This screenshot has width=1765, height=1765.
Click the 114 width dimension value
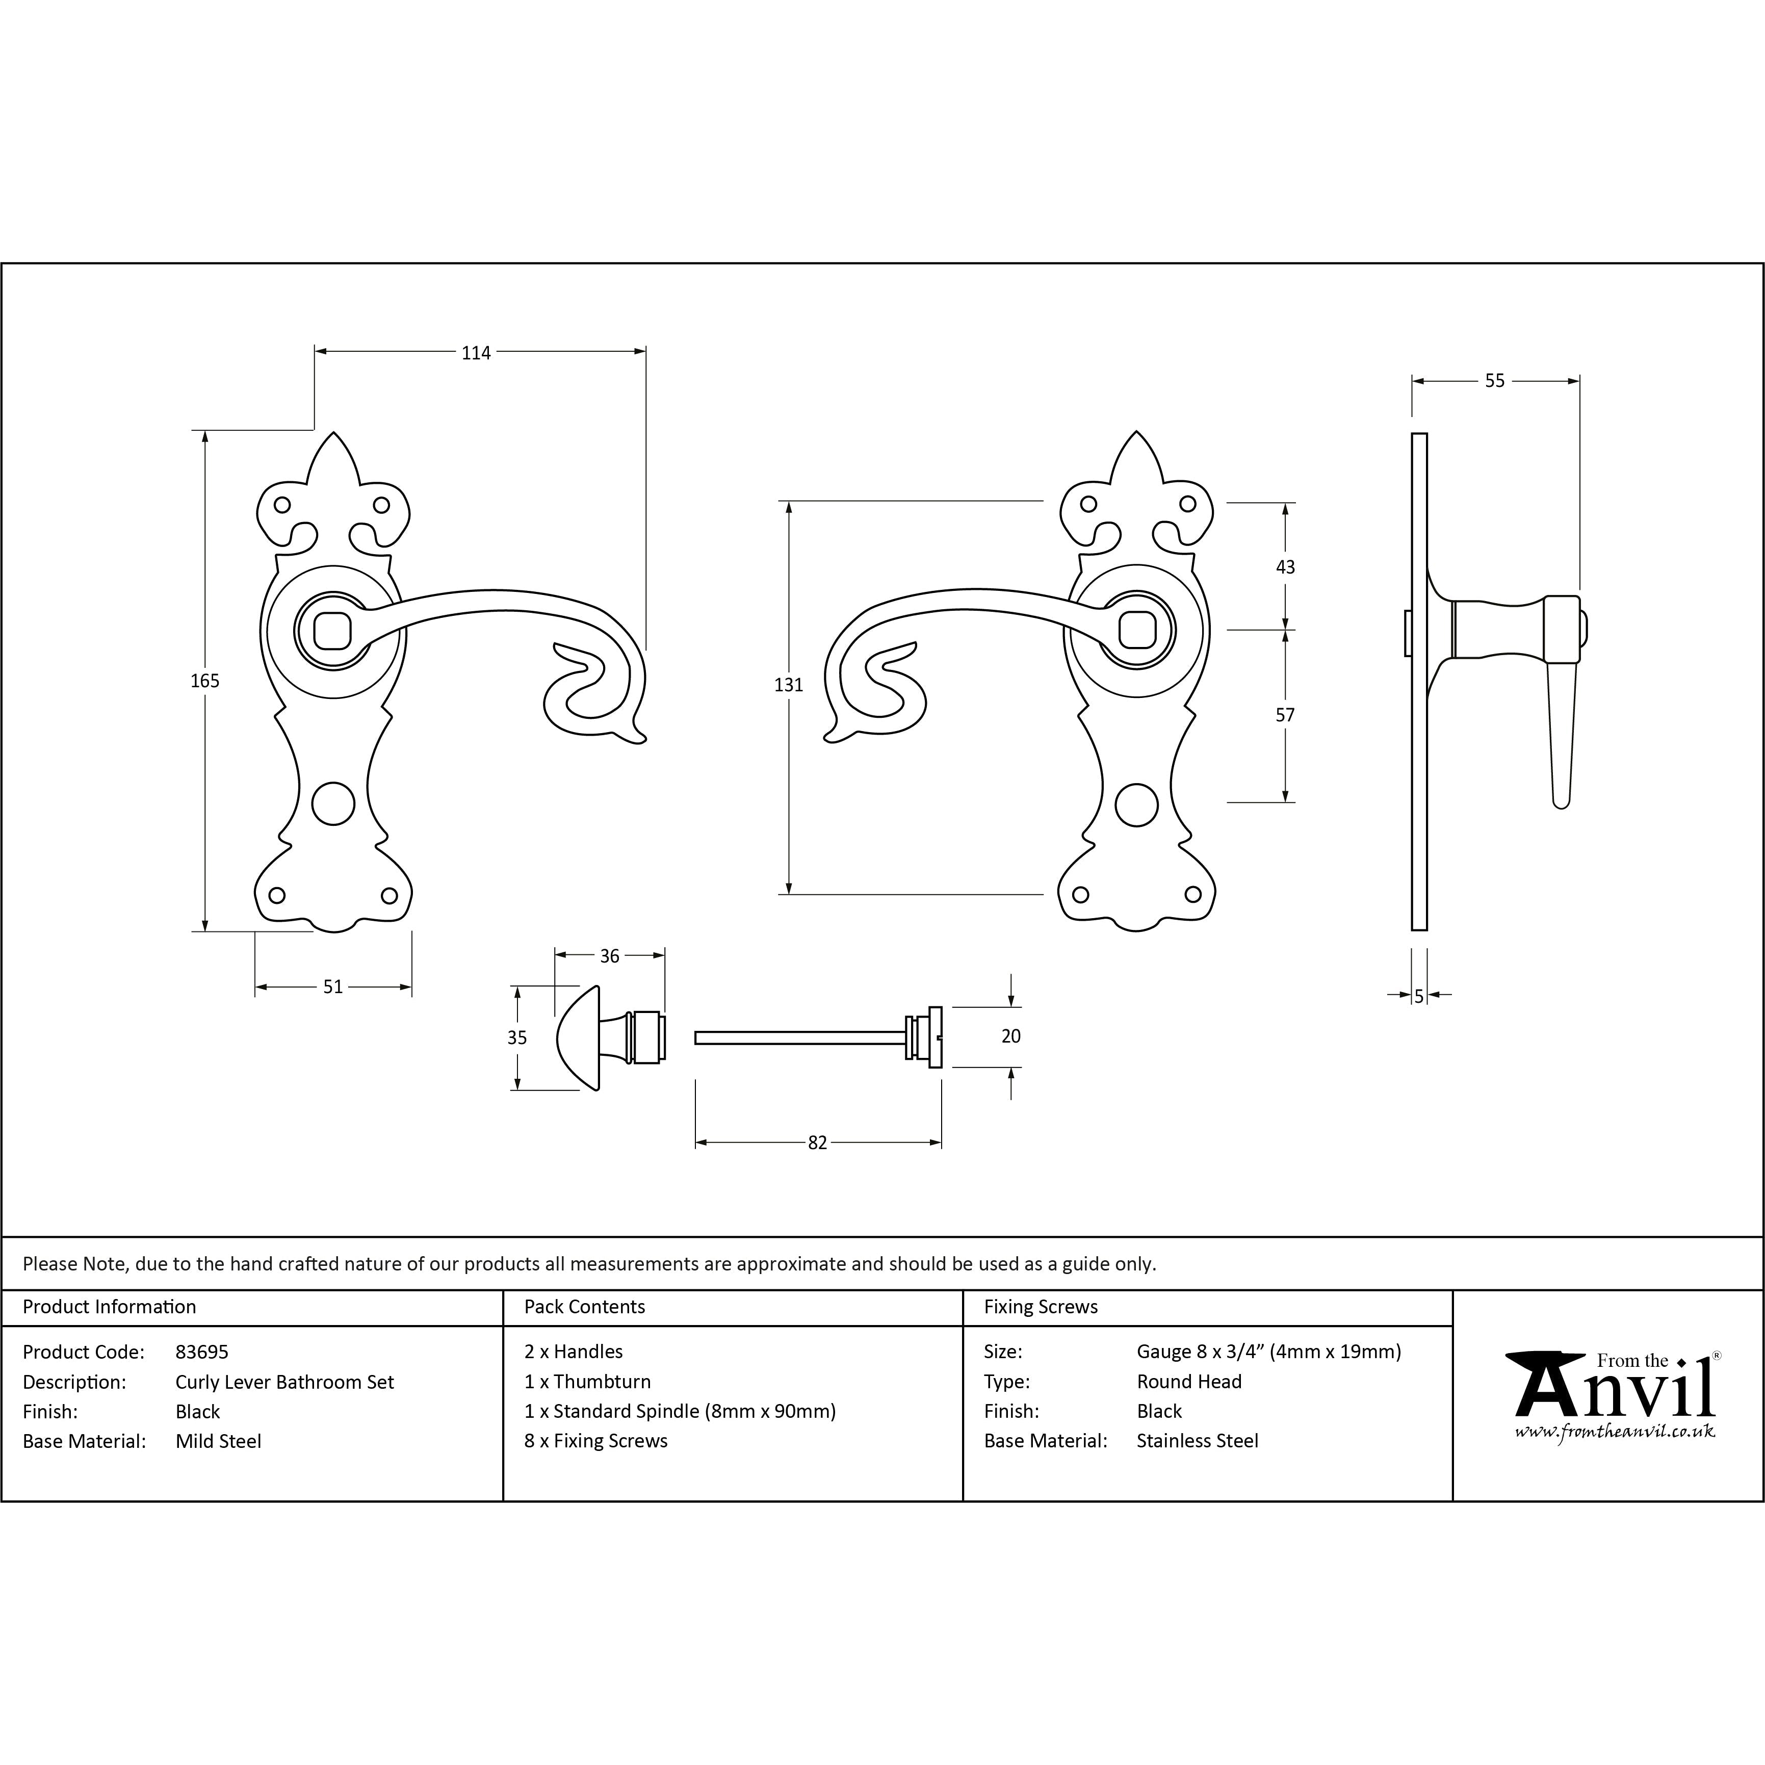coord(476,353)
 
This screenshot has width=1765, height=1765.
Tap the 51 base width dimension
coord(332,987)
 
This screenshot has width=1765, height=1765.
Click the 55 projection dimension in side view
coord(1495,381)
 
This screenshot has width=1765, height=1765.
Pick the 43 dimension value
coord(1285,567)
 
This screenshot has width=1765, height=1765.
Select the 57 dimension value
coord(1285,715)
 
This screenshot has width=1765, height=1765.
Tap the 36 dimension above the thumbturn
coord(609,955)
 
